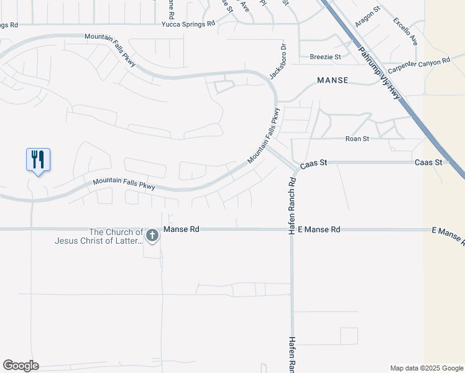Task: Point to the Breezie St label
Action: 326,57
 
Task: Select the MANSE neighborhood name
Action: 333,81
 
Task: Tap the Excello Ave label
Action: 405,30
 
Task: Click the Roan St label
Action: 357,139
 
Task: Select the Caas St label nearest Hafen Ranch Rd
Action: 313,165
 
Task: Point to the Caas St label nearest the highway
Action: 428,162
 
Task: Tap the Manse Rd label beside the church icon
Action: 181,229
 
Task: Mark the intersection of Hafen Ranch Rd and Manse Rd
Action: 291,229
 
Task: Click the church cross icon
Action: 152,235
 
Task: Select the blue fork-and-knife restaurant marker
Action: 38,160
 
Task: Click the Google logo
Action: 21,366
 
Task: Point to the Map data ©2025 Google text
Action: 426,368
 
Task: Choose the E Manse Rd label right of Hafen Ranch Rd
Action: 319,229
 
